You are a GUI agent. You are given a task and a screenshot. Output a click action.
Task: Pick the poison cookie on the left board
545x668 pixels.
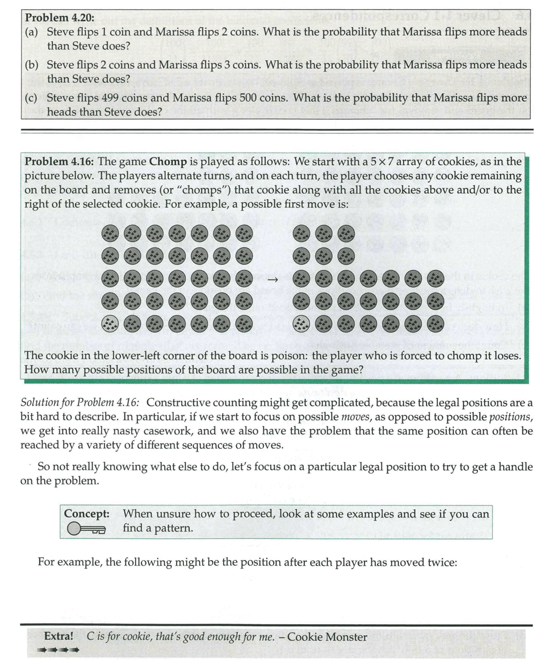pos(110,324)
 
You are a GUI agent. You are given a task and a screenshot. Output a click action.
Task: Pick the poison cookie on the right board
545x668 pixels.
pos(302,324)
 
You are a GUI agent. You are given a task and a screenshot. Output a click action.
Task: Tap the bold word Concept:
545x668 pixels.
pos(87,513)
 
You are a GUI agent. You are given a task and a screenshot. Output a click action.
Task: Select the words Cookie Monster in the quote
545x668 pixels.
pos(327,637)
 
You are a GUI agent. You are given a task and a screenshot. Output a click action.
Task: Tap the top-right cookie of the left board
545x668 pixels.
pos(244,233)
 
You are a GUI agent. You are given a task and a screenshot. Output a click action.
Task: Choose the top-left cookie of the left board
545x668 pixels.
pos(110,233)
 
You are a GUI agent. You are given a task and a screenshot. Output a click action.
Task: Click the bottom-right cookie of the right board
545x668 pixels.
pos(435,324)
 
